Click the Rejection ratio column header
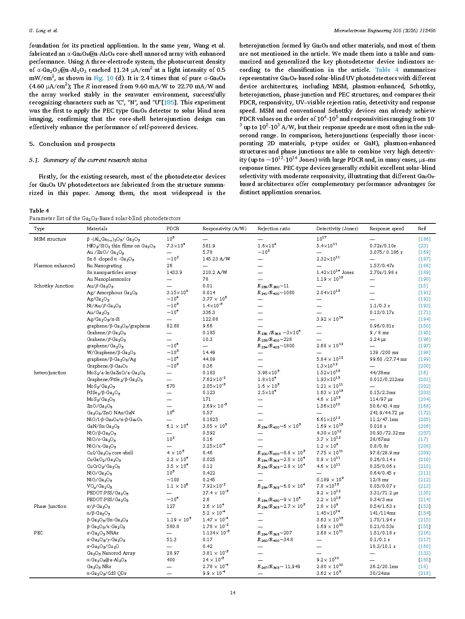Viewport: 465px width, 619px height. [x=274, y=229]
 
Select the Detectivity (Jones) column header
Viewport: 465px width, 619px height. [x=337, y=229]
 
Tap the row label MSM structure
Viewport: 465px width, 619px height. [x=50, y=239]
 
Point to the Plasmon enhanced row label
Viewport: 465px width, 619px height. [x=54, y=266]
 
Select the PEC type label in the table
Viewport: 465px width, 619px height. [x=38, y=533]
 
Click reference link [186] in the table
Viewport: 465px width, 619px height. [x=424, y=239]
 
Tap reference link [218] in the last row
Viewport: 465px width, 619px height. [x=424, y=573]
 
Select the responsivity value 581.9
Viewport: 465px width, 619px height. [x=209, y=246]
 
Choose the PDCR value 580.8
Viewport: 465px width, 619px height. [x=173, y=527]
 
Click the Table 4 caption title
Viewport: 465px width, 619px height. [x=39, y=211]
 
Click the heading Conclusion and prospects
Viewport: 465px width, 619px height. [x=77, y=144]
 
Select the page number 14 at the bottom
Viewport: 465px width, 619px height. [x=233, y=592]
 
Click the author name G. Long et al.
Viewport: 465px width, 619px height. [x=43, y=31]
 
